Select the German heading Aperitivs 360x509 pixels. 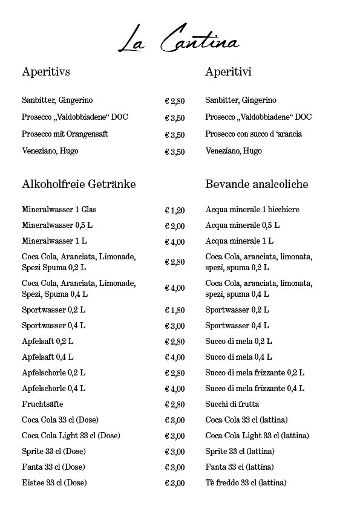[x=46, y=72]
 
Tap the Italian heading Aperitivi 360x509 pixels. [x=228, y=72]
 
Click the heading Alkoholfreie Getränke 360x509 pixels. [x=79, y=183]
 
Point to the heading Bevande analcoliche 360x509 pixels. [x=257, y=183]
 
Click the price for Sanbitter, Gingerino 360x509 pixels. [x=175, y=101]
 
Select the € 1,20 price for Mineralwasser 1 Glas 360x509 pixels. [x=175, y=210]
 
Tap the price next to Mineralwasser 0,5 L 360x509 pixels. [x=175, y=226]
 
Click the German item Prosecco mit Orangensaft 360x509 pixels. [x=65, y=134]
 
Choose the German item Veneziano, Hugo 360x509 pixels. [x=50, y=151]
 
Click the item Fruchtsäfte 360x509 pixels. [x=42, y=403]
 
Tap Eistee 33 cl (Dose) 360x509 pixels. [x=54, y=482]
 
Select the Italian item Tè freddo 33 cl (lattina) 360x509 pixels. [x=246, y=482]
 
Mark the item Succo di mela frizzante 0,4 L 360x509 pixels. [x=255, y=387]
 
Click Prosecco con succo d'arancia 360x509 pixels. [x=254, y=134]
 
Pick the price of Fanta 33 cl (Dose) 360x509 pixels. [x=175, y=467]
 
